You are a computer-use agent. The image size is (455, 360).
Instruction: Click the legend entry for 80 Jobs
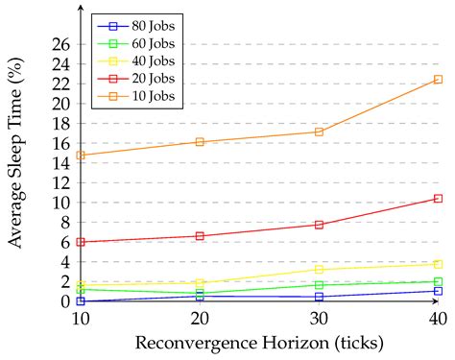click(x=133, y=22)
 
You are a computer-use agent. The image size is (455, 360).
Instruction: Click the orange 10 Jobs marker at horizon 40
click(x=438, y=80)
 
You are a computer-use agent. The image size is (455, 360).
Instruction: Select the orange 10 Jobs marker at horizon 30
click(x=319, y=132)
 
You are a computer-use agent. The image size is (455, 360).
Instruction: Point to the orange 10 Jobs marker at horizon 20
click(x=200, y=142)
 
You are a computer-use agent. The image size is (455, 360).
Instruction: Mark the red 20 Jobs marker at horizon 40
click(x=438, y=199)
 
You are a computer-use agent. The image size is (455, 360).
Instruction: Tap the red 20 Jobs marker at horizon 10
click(x=81, y=242)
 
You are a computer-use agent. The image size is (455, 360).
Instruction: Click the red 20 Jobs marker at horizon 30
click(x=319, y=225)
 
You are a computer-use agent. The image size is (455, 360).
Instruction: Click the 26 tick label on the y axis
click(x=60, y=44)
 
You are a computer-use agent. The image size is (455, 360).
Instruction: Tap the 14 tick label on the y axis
click(x=60, y=163)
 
